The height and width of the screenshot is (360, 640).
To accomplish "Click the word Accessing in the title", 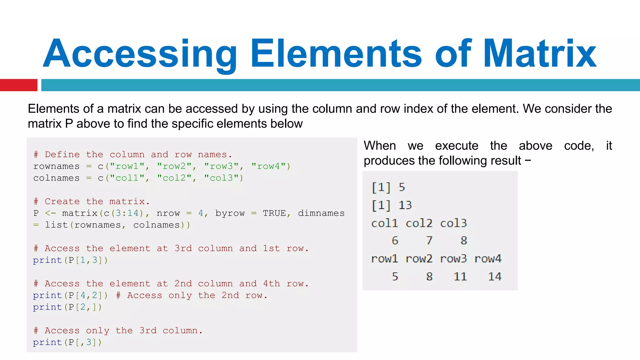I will tap(140, 54).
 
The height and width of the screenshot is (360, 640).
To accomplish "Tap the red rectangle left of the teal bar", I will tap(18, 85).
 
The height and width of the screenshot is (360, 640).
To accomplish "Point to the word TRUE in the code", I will tap(274, 213).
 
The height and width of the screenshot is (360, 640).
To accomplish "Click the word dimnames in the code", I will tap(321, 213).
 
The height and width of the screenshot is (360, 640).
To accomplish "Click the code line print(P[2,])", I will tap(67, 307).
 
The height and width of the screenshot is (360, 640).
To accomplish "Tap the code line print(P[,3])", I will tap(67, 342).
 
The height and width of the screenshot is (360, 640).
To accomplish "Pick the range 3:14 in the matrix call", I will tap(127, 213).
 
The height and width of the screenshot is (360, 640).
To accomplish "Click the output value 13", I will tap(405, 205).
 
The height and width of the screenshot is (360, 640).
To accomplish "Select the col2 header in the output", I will tap(419, 223).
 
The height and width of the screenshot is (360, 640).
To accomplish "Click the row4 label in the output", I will tap(488, 259).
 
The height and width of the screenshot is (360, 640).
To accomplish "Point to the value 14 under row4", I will tap(495, 277).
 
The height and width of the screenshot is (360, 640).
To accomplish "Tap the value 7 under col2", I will tap(429, 241).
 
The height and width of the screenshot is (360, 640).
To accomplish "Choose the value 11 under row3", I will tap(460, 277).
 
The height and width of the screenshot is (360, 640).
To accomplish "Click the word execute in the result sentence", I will tap(457, 146).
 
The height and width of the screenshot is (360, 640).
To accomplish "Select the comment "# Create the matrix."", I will tap(92, 202).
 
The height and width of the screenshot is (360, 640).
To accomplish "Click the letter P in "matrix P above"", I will tap(69, 124).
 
